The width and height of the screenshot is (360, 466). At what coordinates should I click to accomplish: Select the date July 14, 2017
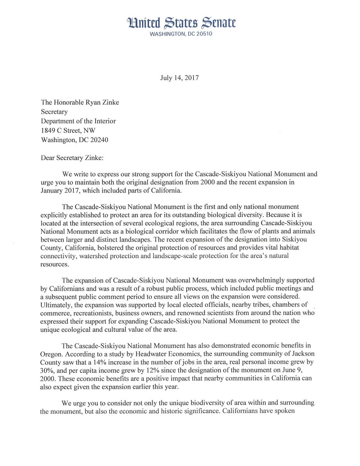179,78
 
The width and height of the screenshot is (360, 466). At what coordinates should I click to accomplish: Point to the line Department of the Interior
78,121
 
